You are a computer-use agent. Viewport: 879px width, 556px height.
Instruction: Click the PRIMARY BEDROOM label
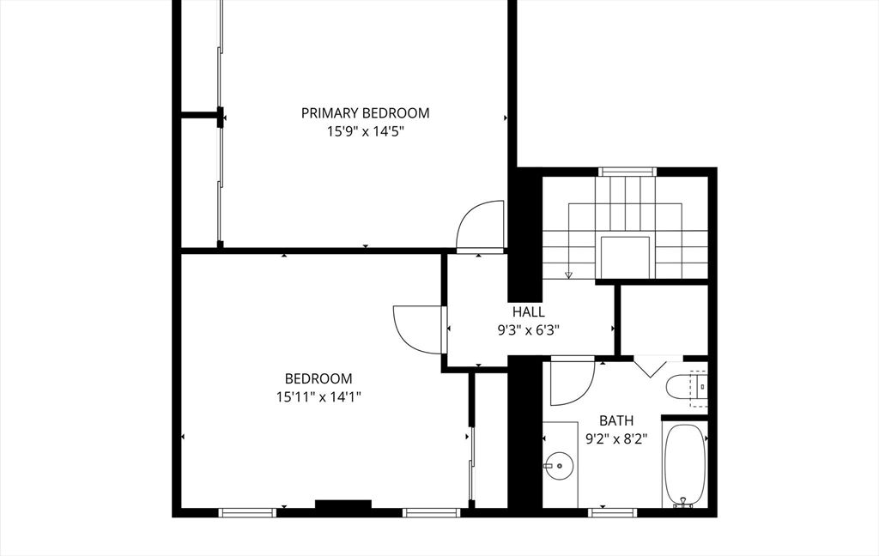pos(365,113)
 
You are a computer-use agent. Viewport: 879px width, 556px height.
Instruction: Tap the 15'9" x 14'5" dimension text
pos(366,132)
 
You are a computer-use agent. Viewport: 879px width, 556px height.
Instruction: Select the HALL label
pos(528,311)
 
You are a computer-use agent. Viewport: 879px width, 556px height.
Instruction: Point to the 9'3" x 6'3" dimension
pos(529,330)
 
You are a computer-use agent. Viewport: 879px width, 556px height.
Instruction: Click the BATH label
pos(616,420)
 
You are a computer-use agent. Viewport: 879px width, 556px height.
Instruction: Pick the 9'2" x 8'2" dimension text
pos(616,438)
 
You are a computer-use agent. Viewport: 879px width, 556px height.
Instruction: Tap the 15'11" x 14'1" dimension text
pos(318,397)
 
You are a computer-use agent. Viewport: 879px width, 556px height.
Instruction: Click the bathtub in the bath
pos(684,465)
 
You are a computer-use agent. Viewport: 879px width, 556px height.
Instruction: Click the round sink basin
pos(559,466)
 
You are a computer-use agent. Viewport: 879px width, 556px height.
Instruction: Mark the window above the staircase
pos(627,172)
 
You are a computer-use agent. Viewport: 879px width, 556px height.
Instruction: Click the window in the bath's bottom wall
pos(613,512)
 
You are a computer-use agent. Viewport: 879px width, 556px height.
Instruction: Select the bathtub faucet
pos(683,502)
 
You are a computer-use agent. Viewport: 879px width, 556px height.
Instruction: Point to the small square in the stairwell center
pos(625,257)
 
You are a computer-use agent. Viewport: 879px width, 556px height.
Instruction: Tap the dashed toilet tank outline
pos(699,388)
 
